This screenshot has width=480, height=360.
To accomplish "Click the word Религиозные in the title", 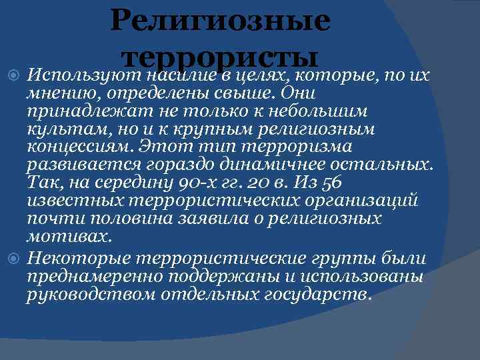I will (x=220, y=20).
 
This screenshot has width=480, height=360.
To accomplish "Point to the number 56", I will (x=331, y=183).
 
